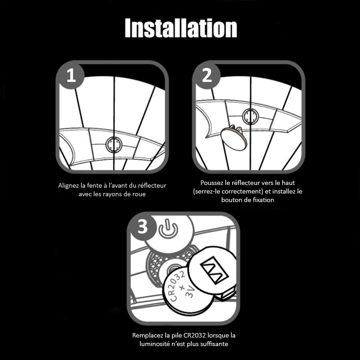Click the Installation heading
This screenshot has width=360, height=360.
point(181,28)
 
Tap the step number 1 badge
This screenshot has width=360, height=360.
point(71,76)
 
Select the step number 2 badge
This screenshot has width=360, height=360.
point(207,76)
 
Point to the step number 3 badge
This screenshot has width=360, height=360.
point(143,227)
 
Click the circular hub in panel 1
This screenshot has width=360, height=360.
point(114,144)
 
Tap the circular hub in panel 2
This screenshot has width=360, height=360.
point(250,117)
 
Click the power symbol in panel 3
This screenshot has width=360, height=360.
point(168,229)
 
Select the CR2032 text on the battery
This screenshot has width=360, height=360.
point(177,286)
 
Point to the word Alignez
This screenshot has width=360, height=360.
point(69,185)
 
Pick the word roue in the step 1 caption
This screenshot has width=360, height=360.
point(139,194)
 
